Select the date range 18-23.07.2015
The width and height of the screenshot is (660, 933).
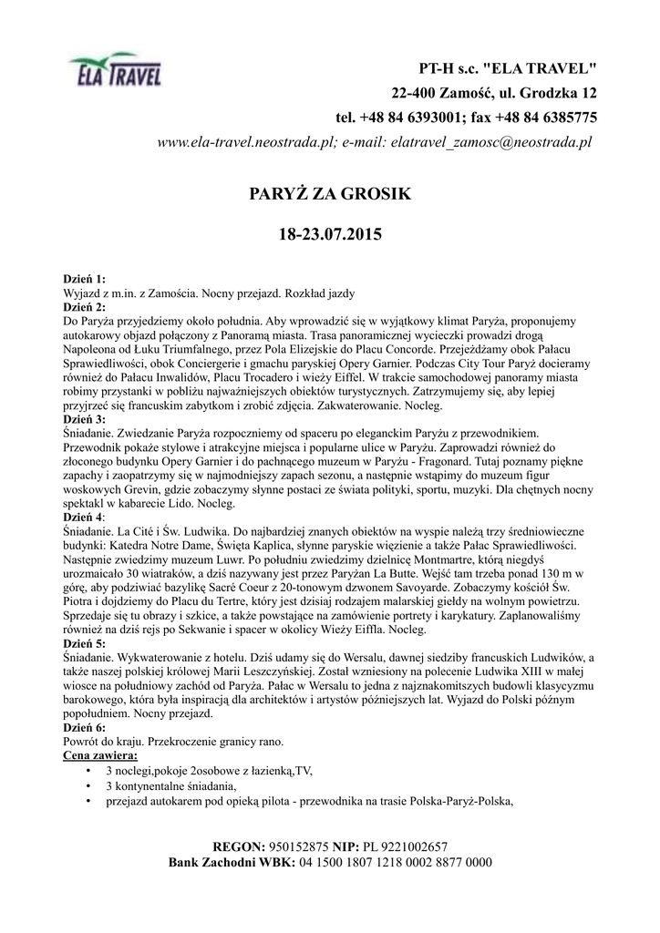(x=330, y=234)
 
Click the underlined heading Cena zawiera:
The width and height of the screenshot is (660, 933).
(x=100, y=756)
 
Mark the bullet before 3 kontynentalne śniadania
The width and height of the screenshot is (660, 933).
(x=86, y=785)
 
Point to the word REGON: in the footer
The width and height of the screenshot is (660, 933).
(x=239, y=846)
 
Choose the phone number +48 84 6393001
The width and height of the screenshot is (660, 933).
(x=407, y=118)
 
